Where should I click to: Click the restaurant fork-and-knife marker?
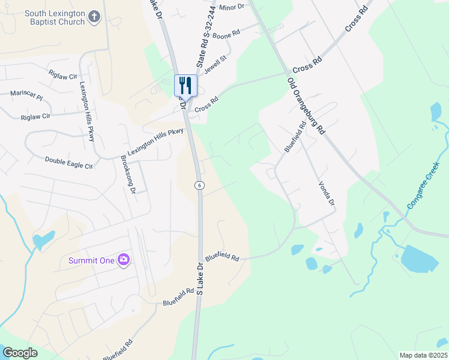coord(185,85)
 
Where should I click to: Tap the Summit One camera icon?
coord(124,260)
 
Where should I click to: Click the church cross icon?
coord(94,17)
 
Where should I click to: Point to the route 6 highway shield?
coord(198,185)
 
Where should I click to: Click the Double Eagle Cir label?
coord(69,163)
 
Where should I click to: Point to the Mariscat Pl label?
coord(26,94)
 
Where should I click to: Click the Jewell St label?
coord(215,64)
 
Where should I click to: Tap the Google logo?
coord(20,353)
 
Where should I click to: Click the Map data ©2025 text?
coord(423,355)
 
